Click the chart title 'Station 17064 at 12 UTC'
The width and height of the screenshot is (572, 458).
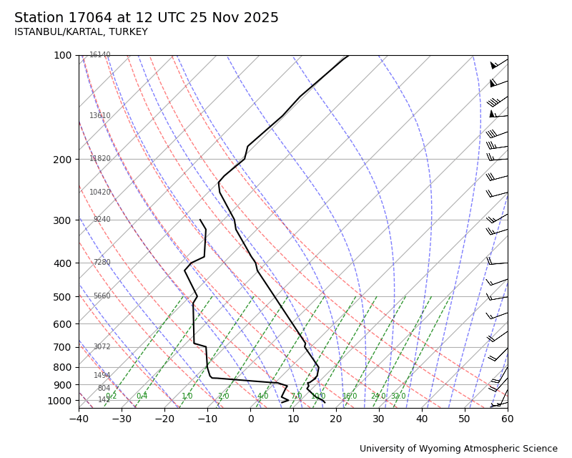pos(147,18)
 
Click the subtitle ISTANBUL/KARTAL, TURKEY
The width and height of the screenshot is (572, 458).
pos(81,32)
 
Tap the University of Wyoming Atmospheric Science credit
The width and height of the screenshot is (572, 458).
pos(458,449)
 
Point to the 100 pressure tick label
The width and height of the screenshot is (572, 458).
pos(63,55)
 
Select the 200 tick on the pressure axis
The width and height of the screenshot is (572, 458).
pos(63,160)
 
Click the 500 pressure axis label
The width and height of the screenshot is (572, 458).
pos(63,297)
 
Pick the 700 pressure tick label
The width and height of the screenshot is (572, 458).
pos(63,347)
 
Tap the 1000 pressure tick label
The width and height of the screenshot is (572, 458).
pos(60,401)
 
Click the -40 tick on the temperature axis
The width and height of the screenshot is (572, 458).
pos(79,418)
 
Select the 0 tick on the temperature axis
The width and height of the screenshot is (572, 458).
pos(251,418)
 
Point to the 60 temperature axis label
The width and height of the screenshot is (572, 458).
pos(508,418)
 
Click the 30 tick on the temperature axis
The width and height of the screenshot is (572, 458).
pos(379,418)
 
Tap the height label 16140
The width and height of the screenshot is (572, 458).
pos(100,55)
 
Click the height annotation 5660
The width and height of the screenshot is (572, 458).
pos(102,296)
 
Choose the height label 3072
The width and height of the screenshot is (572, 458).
pos(102,347)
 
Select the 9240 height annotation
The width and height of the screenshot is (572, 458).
pos(102,220)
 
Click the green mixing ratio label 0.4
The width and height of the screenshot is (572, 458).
pos(142,396)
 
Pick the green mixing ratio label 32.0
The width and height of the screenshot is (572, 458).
pos(398,396)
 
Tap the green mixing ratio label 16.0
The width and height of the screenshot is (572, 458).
pos(350,396)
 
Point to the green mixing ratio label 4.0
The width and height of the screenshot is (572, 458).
pos(262,396)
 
